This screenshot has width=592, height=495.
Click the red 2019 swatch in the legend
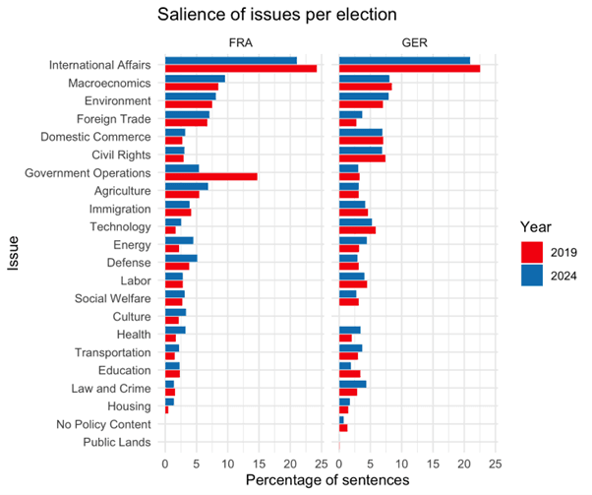click(532, 253)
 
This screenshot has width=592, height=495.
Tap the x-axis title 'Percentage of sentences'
click(329, 479)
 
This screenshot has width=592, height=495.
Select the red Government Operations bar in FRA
click(211, 176)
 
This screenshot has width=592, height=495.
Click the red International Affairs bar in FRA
click(241, 69)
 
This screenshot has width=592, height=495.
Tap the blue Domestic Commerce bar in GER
click(361, 132)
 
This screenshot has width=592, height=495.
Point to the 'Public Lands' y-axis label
click(114, 442)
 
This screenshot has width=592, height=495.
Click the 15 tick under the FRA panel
click(259, 462)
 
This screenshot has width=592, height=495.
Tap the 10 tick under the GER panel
click(401, 462)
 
